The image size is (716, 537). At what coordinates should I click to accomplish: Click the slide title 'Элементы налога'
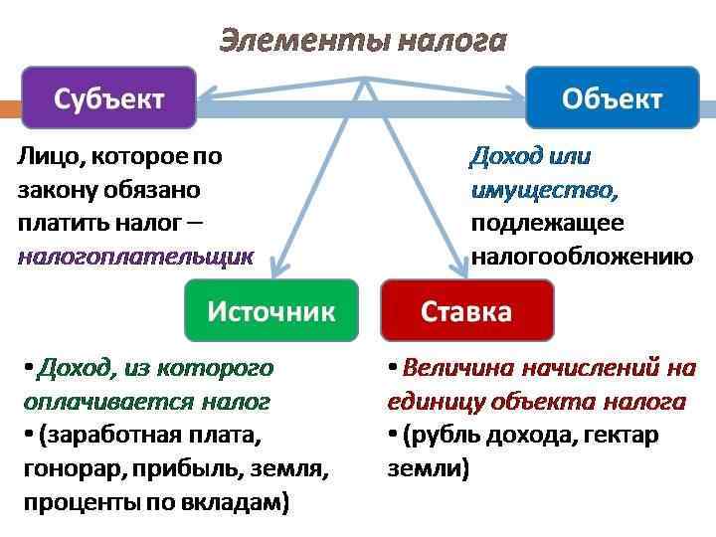click(x=362, y=41)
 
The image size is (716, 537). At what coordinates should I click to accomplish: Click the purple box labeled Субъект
click(x=108, y=97)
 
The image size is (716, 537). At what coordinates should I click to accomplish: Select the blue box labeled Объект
click(x=612, y=97)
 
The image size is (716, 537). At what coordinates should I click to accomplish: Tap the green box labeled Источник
click(x=270, y=310)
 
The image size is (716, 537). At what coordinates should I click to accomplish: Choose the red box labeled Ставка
click(x=466, y=310)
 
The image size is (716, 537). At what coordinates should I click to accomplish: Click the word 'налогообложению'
click(x=582, y=257)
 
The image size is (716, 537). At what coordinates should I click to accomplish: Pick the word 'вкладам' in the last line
click(x=239, y=502)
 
